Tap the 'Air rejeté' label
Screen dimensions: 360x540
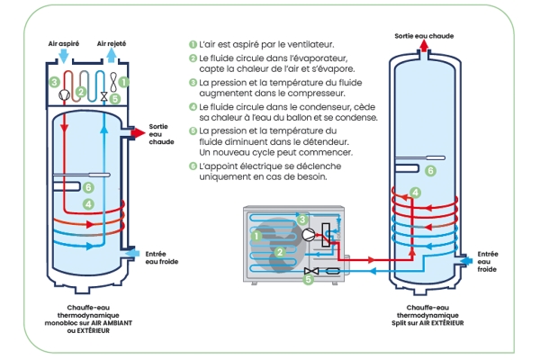112,42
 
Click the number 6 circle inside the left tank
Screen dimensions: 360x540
88,187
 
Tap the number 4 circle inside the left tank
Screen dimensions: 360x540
88,205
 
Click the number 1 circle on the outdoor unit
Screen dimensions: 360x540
256,237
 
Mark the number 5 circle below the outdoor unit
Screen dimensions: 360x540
309,279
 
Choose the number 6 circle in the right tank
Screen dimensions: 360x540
430,170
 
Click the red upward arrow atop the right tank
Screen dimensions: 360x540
423,49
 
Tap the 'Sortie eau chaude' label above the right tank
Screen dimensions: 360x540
423,35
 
